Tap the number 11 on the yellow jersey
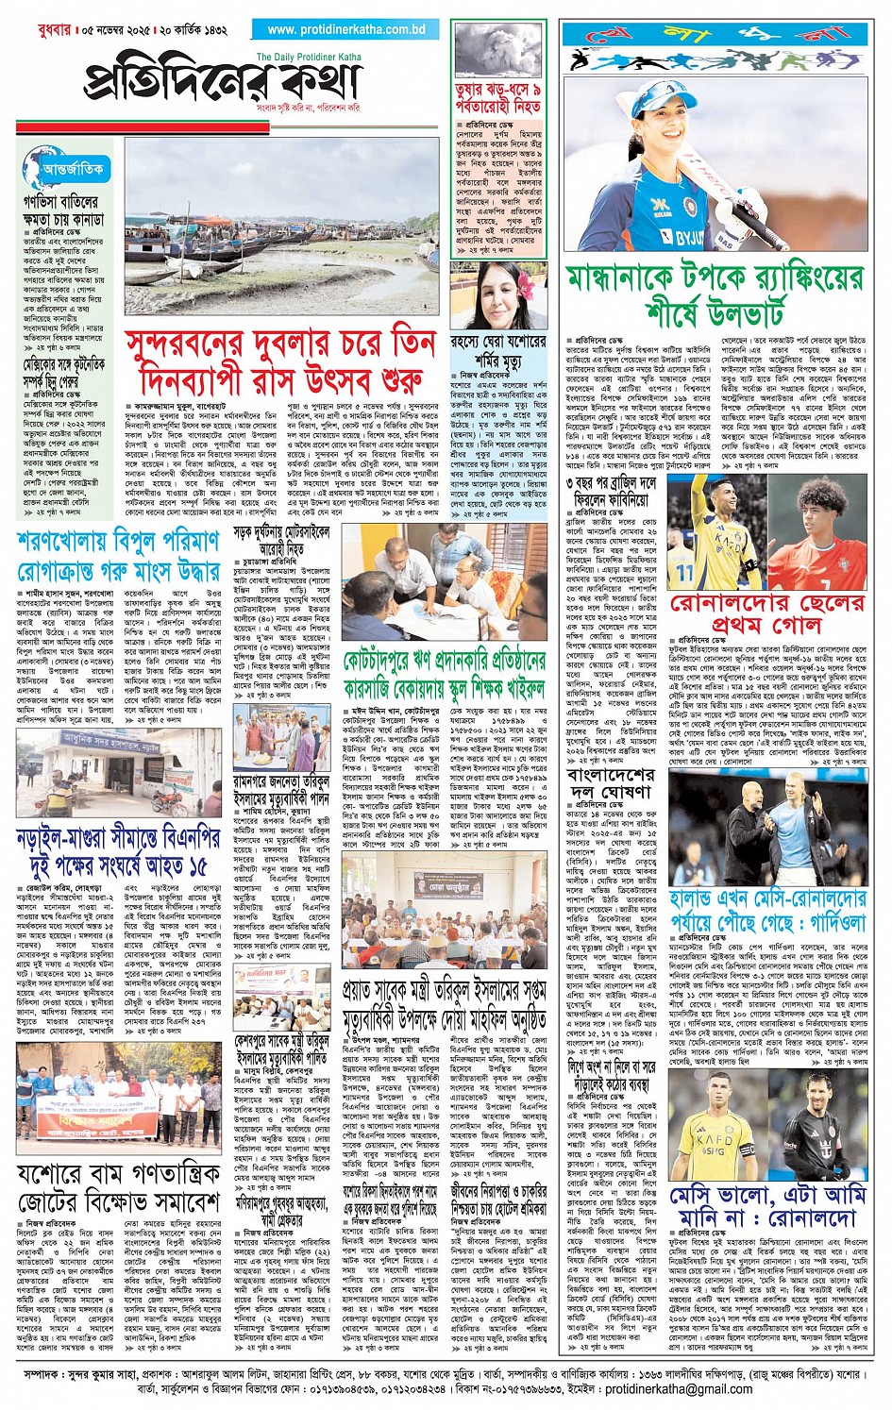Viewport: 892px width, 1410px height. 685,571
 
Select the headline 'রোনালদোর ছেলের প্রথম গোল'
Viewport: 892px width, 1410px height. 766,614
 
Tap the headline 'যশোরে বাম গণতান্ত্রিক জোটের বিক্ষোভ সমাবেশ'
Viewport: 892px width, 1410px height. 118,1189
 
